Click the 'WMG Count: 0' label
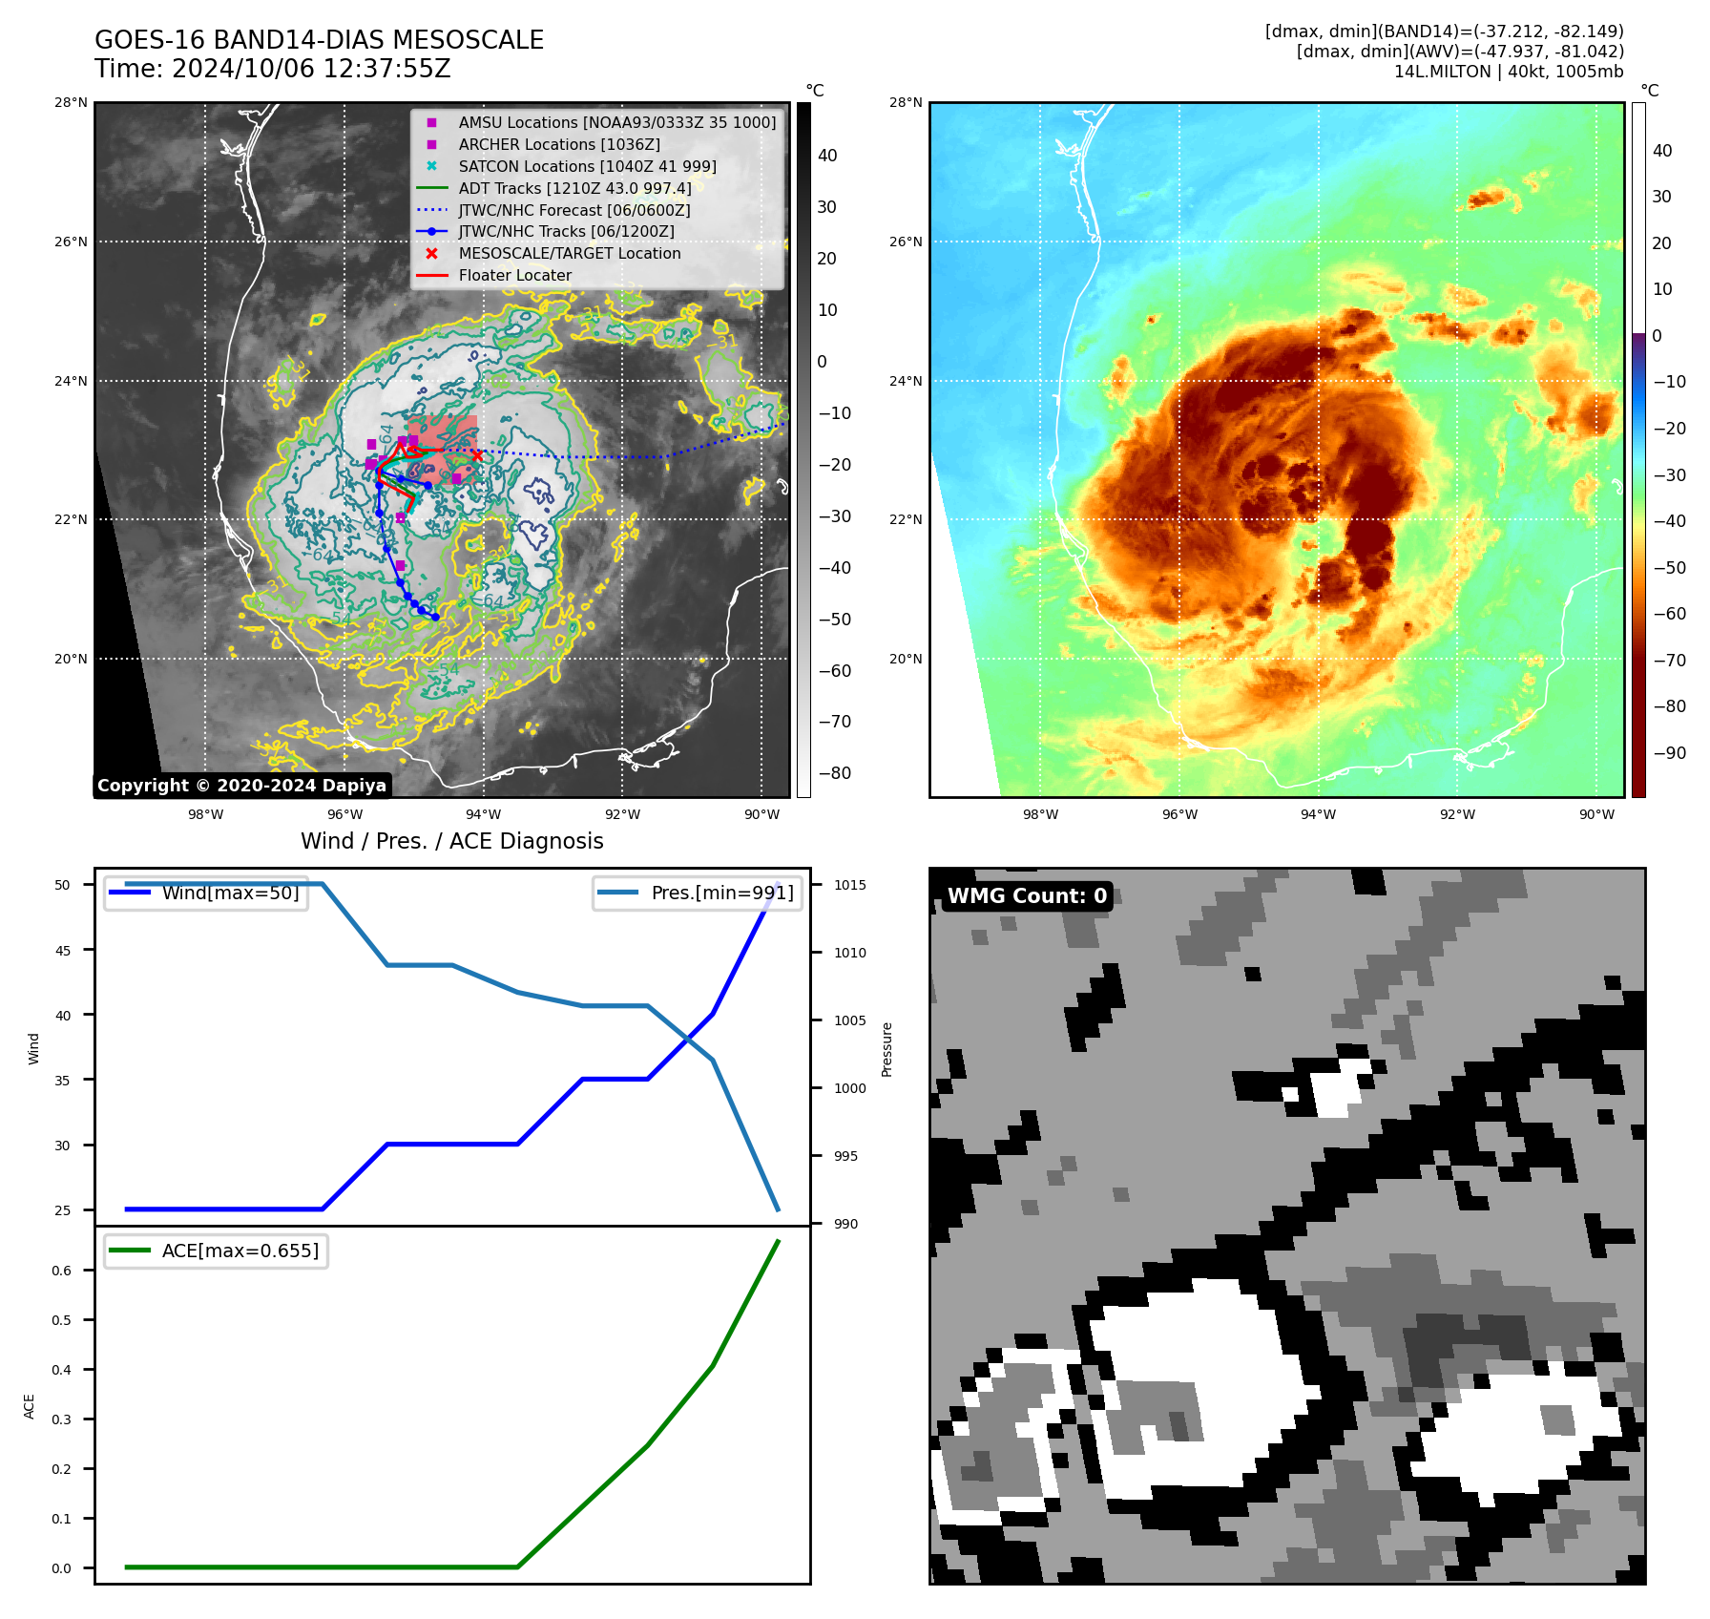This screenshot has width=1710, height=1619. [x=1027, y=895]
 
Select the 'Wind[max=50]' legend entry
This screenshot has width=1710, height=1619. [x=230, y=894]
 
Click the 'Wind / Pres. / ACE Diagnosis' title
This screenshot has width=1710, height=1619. [x=451, y=841]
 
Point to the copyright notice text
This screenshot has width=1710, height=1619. [x=241, y=786]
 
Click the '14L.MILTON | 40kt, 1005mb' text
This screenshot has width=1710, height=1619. [x=1508, y=72]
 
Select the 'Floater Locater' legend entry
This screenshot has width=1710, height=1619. [x=514, y=275]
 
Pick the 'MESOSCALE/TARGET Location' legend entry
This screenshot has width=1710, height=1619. [x=569, y=253]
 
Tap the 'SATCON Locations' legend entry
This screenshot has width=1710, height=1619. [x=587, y=166]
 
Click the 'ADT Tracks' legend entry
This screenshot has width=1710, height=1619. [x=574, y=188]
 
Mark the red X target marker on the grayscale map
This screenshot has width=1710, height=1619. [x=477, y=455]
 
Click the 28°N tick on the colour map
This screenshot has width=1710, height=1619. [x=906, y=103]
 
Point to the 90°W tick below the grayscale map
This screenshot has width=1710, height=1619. [x=761, y=814]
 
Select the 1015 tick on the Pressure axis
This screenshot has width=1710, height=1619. [x=850, y=885]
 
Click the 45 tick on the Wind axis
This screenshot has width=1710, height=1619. [x=63, y=951]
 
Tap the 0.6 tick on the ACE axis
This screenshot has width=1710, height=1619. [x=61, y=1271]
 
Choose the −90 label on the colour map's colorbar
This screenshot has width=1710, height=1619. [x=1669, y=753]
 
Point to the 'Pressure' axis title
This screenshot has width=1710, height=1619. [x=886, y=1049]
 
